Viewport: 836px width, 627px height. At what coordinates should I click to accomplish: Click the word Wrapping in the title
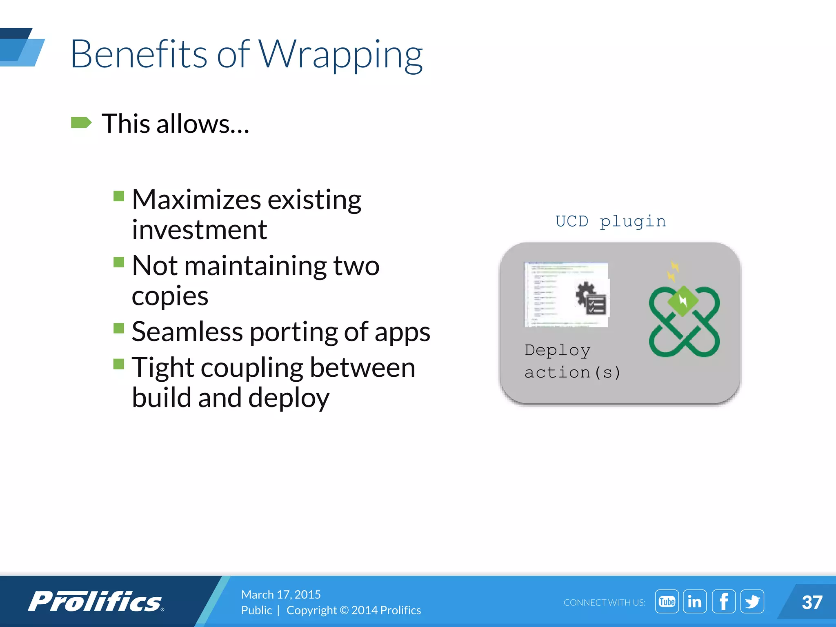(x=341, y=55)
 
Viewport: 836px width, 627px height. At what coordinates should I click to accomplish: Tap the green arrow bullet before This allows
(x=81, y=122)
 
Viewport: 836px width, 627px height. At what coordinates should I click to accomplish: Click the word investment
(x=199, y=230)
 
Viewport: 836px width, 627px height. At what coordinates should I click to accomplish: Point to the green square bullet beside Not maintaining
(x=119, y=262)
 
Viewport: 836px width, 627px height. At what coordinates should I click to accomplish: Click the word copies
(x=170, y=296)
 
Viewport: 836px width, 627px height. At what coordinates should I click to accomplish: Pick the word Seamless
(x=187, y=331)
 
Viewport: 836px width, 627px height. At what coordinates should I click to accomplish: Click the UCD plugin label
(x=611, y=221)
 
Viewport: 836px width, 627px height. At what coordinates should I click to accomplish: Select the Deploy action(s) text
(x=571, y=361)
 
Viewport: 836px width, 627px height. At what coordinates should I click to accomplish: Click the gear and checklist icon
(x=591, y=299)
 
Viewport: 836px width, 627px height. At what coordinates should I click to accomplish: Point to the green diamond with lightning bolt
(x=683, y=301)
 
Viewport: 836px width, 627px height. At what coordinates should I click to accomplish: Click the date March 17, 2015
(x=281, y=594)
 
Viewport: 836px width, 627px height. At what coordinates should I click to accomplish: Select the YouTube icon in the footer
(x=667, y=602)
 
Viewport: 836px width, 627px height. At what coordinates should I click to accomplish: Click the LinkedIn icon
(x=695, y=602)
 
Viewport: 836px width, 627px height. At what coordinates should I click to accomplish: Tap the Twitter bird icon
(x=752, y=602)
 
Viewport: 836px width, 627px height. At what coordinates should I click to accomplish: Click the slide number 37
(x=812, y=603)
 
